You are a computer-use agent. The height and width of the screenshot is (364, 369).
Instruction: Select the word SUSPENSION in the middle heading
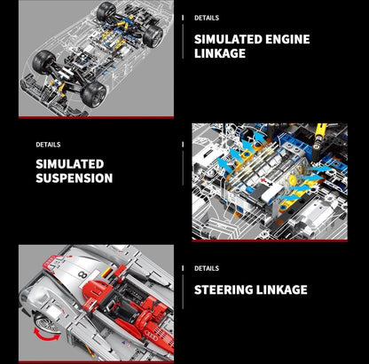coord(74,178)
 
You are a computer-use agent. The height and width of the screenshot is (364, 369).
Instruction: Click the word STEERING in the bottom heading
coord(224,289)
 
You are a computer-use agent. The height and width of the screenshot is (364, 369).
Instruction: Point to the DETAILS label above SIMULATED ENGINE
coord(206,18)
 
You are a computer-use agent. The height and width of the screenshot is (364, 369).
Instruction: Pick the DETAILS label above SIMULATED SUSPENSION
coord(48,144)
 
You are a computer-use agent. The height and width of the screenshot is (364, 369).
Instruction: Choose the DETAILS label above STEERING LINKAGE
coord(206,268)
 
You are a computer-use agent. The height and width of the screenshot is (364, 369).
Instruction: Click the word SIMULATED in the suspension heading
coord(70,164)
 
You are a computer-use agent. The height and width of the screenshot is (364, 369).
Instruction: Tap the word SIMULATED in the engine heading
coord(227,39)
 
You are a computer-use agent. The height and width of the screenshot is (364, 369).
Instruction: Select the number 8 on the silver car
coord(82,276)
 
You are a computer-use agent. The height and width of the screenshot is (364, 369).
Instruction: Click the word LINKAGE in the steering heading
coord(278,289)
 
